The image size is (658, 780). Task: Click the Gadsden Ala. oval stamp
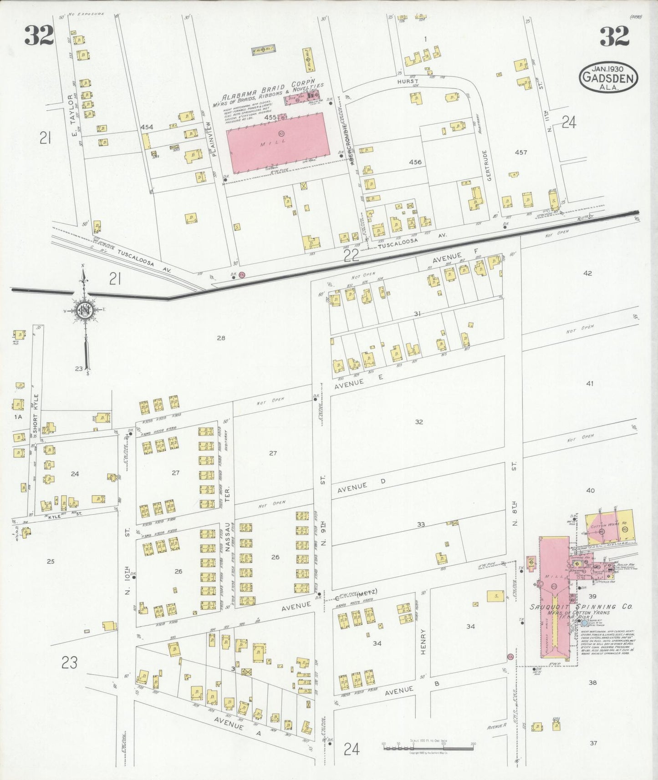point(608,78)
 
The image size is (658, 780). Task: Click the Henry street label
point(423,641)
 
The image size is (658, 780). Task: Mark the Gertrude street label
point(490,166)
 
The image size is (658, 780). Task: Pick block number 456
point(415,162)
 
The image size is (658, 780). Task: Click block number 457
point(520,152)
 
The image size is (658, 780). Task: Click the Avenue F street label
point(447,257)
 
